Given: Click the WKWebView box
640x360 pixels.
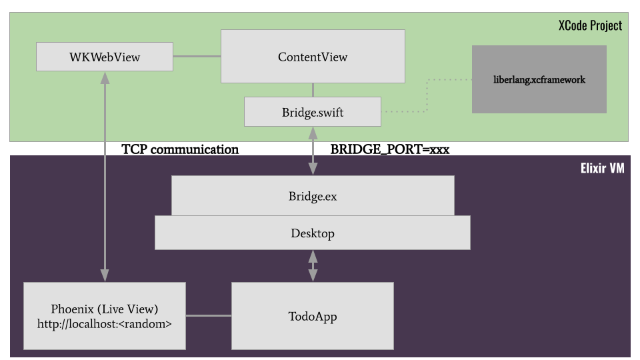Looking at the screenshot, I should [105, 57].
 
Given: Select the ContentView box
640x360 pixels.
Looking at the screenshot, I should [313, 57].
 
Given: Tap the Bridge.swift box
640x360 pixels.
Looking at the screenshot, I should [313, 112].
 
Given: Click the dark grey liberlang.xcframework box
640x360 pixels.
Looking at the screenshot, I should [539, 79].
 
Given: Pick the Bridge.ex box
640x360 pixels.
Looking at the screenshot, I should [313, 196].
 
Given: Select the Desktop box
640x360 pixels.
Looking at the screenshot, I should [313, 233].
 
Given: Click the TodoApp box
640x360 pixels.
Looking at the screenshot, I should [313, 316].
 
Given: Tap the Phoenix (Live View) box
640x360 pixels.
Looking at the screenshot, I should [105, 310].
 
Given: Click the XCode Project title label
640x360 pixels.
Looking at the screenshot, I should [590, 25].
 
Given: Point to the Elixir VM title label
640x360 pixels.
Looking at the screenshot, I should [602, 169].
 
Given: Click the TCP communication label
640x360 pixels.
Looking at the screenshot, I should [180, 149].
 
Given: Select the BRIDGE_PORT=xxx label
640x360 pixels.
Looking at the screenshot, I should [390, 149].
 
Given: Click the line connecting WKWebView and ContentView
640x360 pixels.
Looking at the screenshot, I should [197, 57].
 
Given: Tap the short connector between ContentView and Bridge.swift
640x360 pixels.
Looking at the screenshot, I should [313, 90].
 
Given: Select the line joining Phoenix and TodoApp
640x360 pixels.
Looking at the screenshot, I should [208, 316].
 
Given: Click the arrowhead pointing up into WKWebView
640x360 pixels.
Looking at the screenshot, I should [105, 77].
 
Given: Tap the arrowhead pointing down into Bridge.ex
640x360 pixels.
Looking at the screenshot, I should [313, 170].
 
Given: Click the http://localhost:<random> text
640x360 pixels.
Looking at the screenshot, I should [105, 325].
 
